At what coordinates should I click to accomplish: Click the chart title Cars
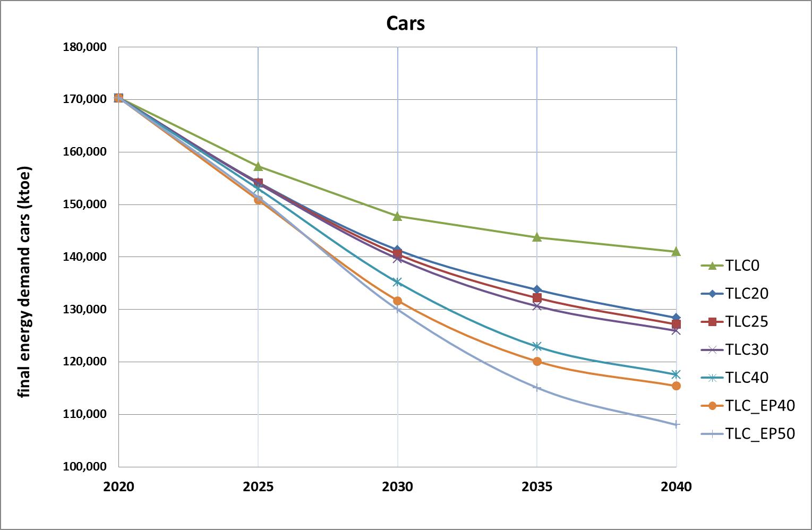coord(405,23)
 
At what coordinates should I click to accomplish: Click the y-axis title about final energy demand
coord(24,281)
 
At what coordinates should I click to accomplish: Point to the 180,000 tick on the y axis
coord(85,47)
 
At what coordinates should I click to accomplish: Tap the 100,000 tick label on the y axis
coord(85,467)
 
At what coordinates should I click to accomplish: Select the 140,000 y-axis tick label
coord(85,257)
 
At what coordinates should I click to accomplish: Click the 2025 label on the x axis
coord(258,486)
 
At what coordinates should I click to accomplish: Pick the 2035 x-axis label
coord(537,486)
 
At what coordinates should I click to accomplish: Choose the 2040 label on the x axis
coord(676,486)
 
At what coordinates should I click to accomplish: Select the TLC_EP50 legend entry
coord(748,433)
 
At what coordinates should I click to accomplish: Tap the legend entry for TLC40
coord(734,378)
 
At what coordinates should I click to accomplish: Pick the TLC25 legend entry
coord(734,321)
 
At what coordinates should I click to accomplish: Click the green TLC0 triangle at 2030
coord(397,217)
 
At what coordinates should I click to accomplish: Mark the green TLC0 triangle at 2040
coord(676,252)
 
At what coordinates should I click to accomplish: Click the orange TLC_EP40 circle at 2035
coord(537,362)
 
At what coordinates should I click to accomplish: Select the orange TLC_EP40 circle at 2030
coord(397,301)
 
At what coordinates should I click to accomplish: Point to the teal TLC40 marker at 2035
coord(537,346)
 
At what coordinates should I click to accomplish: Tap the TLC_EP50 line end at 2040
coord(676,424)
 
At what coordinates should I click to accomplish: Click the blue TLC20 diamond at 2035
coord(537,289)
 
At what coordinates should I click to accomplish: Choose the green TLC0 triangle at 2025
coord(258,166)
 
